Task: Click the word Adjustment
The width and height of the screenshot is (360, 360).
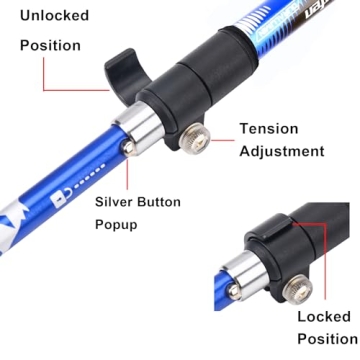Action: pos(283,152)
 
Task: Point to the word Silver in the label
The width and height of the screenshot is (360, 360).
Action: pos(118,201)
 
